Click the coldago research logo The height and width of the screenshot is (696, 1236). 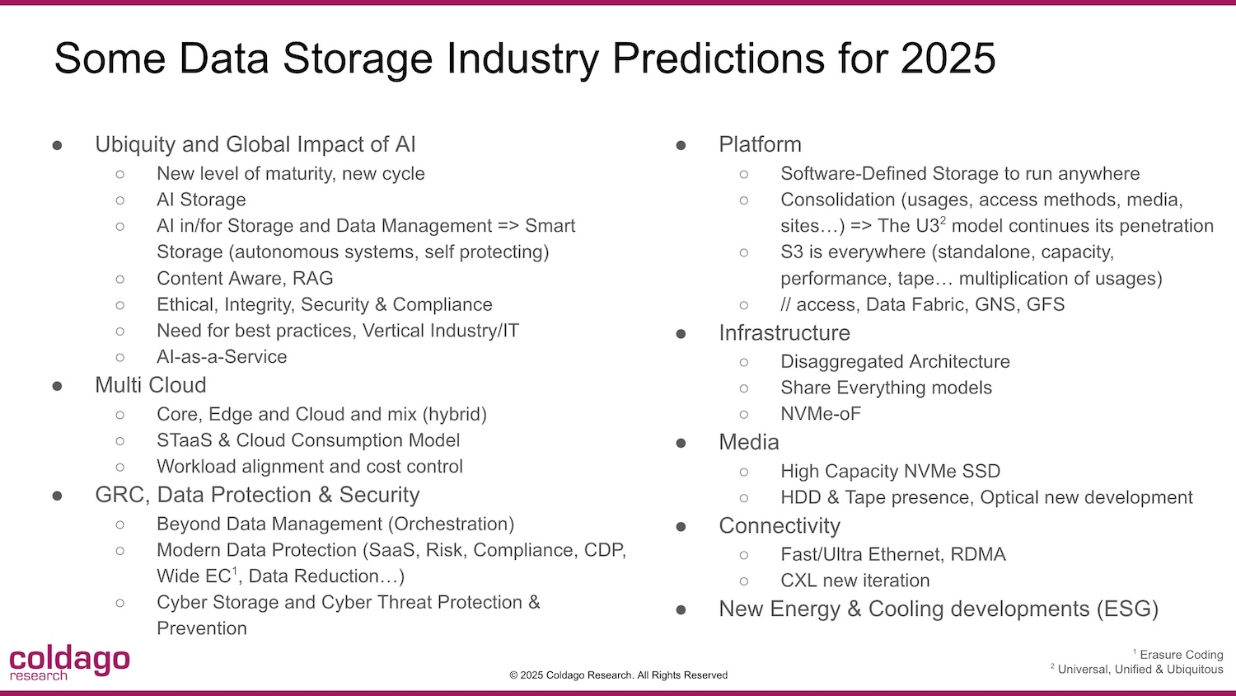click(x=69, y=662)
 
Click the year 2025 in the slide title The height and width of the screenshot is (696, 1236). click(x=948, y=58)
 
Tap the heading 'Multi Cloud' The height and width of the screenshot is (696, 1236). click(x=151, y=385)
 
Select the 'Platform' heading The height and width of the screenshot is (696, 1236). click(x=760, y=144)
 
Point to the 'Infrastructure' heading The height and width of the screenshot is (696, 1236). click(x=784, y=332)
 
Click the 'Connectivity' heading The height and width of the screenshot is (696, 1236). click(x=780, y=525)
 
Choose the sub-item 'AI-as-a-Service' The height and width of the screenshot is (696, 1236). click(x=222, y=357)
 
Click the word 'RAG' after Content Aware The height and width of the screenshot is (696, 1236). click(x=313, y=278)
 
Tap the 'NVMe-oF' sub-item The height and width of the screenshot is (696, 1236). click(x=821, y=414)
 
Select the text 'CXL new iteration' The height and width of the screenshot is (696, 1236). click(x=854, y=581)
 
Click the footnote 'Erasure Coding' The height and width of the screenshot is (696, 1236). click(x=1181, y=655)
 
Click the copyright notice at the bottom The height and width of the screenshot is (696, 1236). click(x=618, y=675)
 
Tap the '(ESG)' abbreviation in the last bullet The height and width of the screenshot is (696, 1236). click(x=1127, y=609)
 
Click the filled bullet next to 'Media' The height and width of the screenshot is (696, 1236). click(x=681, y=443)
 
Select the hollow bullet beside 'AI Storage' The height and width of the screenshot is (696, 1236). click(x=119, y=200)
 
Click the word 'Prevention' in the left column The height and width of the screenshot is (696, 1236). click(x=201, y=628)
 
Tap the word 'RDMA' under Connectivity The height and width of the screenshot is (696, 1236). click(x=978, y=554)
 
